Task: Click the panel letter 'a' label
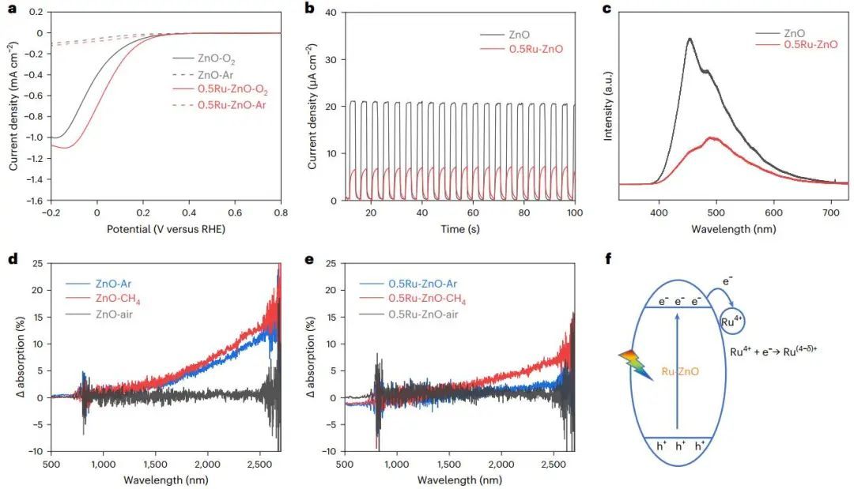coord(11,10)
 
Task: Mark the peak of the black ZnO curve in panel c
coord(690,39)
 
